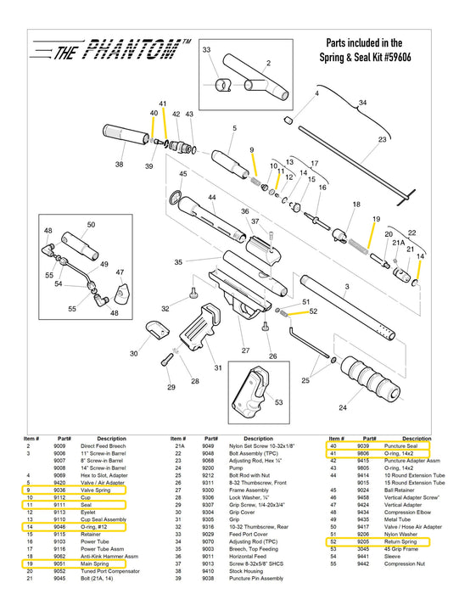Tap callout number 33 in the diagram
point(205,51)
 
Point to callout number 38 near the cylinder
point(119,165)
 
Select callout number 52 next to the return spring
point(313,311)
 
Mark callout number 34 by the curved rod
point(362,103)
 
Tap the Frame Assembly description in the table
point(249,490)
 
